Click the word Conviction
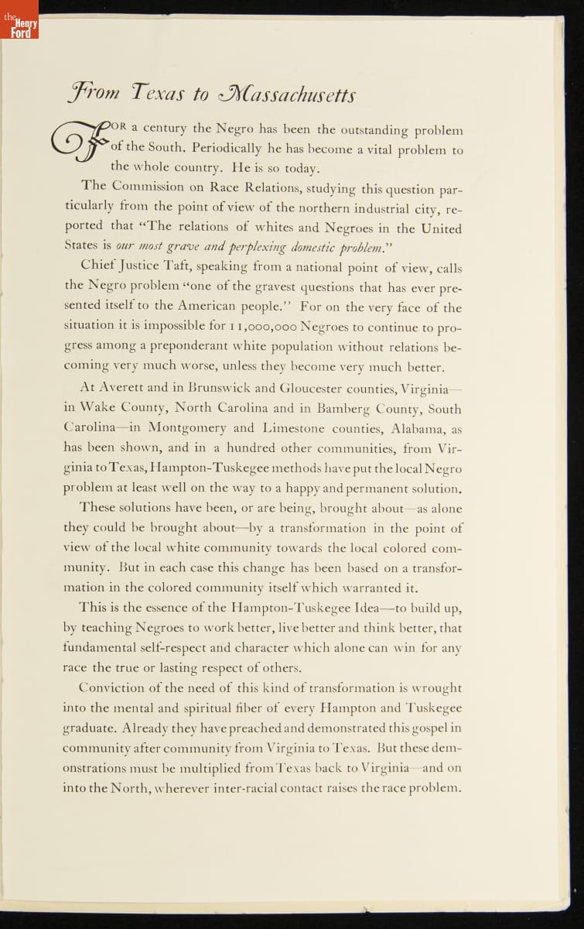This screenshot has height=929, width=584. [x=117, y=687]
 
